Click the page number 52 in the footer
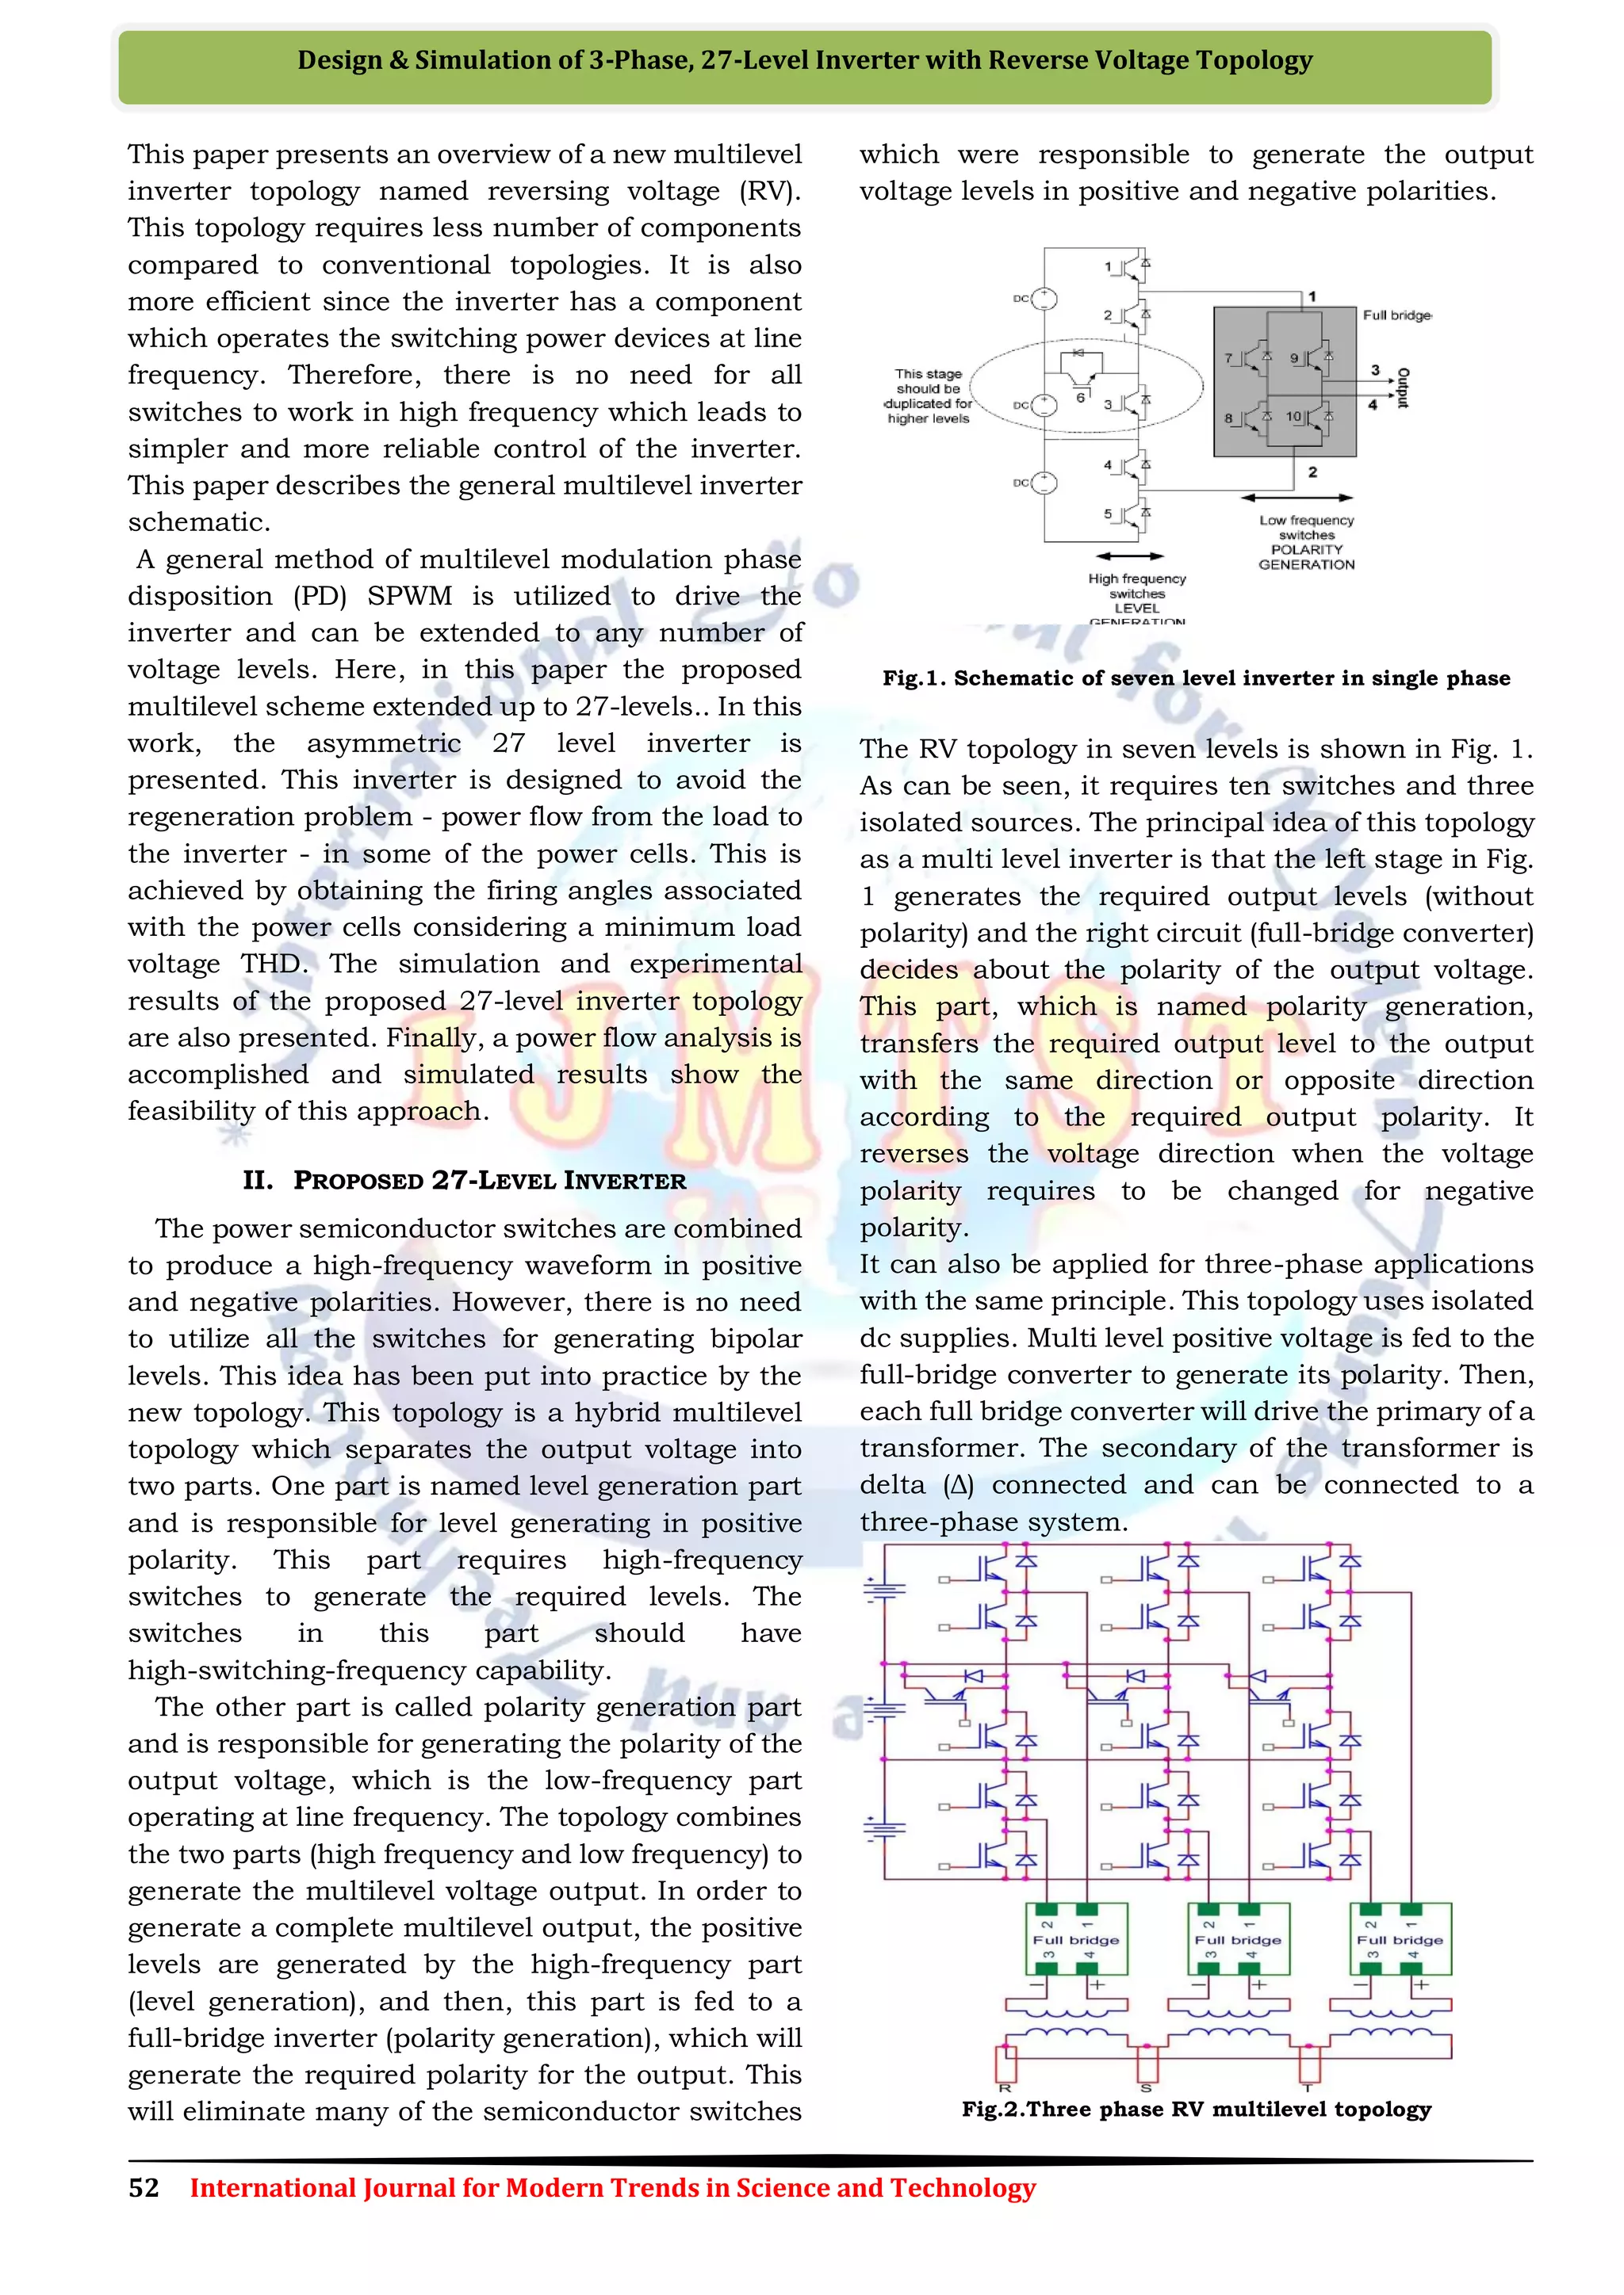144,2188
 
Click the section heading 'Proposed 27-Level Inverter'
464,1181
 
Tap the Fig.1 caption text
1196,678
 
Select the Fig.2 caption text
1196,2109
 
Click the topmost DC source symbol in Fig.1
1044,298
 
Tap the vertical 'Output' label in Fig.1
1403,387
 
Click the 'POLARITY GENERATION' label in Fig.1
1306,557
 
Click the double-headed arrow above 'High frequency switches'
1130,556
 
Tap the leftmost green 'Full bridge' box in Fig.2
1076,1938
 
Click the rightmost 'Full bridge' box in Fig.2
1400,1938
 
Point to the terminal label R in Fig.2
1004,2088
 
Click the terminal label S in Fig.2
1146,2088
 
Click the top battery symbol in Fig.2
884,1590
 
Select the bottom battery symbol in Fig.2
884,1829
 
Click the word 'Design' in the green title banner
337,61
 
